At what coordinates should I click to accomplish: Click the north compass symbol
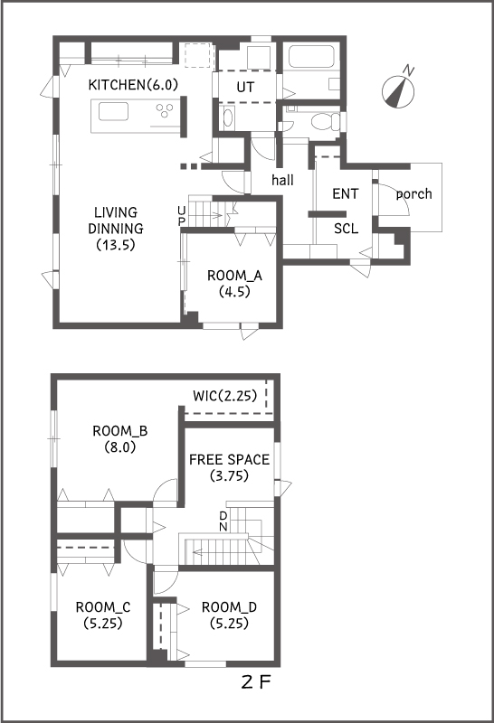point(398,89)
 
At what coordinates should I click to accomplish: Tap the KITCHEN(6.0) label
point(133,85)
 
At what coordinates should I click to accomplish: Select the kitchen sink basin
point(113,111)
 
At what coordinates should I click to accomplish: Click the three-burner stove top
point(165,110)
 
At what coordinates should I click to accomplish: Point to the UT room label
point(245,87)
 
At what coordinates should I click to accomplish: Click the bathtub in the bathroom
point(311,57)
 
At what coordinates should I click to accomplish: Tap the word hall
point(282,179)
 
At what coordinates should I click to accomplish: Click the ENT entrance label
point(346,193)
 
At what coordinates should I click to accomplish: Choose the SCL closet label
point(346,229)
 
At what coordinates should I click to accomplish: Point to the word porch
point(413,194)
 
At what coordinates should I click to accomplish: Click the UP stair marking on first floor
point(182,216)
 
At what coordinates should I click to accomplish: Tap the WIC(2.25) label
point(225,396)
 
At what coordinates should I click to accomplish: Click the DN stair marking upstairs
point(223,521)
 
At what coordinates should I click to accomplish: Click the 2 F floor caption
point(255,682)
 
